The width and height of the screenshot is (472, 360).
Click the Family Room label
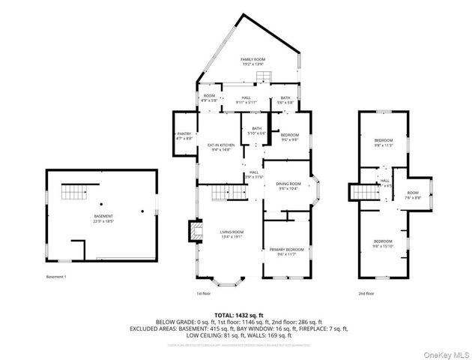[x=253, y=61]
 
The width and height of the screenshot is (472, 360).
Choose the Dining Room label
[x=289, y=186]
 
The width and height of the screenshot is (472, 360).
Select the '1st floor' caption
[x=205, y=293]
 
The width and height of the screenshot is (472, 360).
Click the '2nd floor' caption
[x=365, y=293]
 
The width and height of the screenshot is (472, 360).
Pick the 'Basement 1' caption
[x=56, y=277]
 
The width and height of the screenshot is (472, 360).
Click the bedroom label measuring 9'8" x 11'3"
[x=384, y=143]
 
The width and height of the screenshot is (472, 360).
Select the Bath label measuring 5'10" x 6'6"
[x=258, y=130]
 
